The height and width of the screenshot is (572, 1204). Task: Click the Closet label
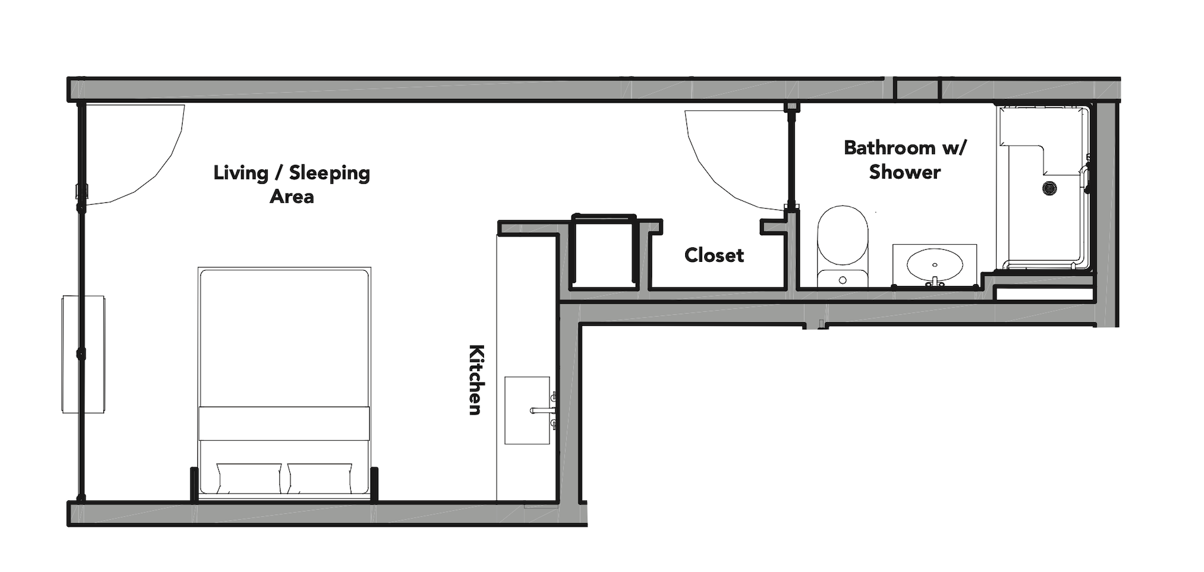(x=714, y=255)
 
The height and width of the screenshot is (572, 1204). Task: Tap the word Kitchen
(x=476, y=379)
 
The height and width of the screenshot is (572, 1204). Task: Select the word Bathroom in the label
(x=889, y=148)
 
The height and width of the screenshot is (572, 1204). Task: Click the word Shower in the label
(x=905, y=172)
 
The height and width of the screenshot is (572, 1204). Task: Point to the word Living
(x=240, y=172)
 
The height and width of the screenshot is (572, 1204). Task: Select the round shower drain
(x=1050, y=188)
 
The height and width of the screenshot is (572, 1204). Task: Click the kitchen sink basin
(x=527, y=410)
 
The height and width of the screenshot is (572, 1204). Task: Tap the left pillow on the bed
(x=249, y=478)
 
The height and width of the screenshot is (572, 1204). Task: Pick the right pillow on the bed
(x=320, y=478)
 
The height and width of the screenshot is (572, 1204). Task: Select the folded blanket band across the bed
(x=284, y=423)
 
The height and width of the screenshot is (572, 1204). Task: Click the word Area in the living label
(x=292, y=197)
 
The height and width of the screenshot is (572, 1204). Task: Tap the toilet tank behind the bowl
(x=841, y=278)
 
